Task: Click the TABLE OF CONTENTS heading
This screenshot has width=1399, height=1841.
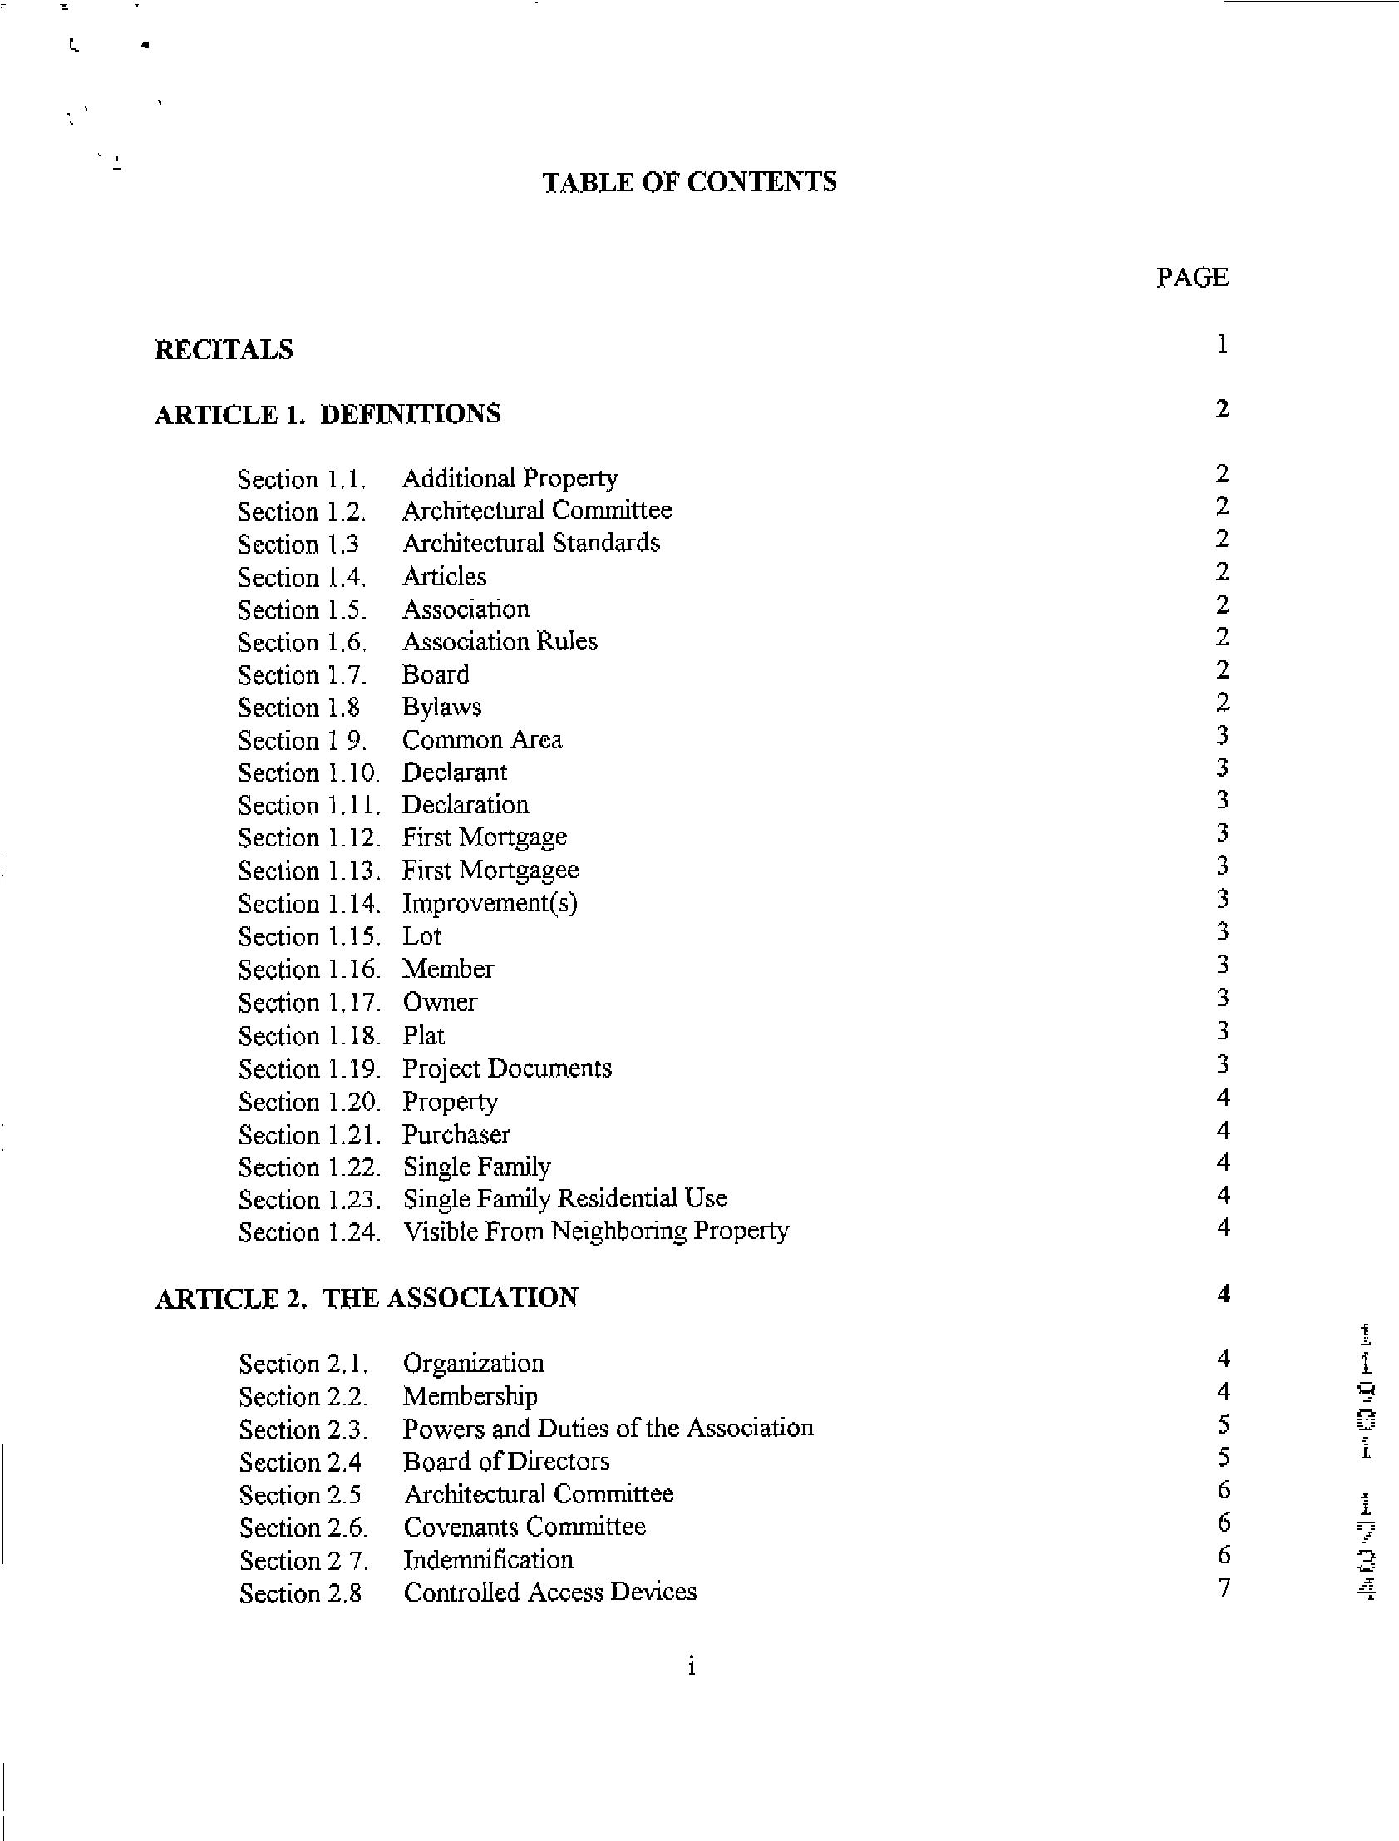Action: click(x=689, y=182)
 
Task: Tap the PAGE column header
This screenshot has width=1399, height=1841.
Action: click(x=1192, y=278)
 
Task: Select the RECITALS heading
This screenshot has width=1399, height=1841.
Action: click(x=224, y=349)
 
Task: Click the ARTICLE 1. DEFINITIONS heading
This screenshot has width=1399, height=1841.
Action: click(x=328, y=414)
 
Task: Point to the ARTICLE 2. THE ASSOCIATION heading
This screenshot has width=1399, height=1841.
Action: click(x=367, y=1297)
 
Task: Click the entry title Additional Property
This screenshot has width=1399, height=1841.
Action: click(x=510, y=478)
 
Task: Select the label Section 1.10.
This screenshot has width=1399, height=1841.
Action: click(x=309, y=772)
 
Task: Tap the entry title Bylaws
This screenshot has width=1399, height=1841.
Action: click(x=441, y=708)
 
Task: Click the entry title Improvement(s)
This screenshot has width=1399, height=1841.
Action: click(x=490, y=903)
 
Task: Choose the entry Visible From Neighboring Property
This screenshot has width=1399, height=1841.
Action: click(x=595, y=1231)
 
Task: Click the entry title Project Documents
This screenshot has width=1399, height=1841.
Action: click(x=507, y=1068)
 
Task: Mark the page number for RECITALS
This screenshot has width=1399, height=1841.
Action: click(x=1222, y=344)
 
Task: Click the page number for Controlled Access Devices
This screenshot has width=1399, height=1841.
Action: click(x=1224, y=1587)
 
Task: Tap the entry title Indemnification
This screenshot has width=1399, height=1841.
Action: click(x=489, y=1558)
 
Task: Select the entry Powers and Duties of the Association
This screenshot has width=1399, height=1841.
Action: click(x=608, y=1428)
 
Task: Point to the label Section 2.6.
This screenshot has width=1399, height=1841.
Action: click(x=303, y=1528)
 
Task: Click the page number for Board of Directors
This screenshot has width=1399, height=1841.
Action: click(x=1224, y=1457)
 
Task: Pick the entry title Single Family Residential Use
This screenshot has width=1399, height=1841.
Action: click(x=564, y=1199)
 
